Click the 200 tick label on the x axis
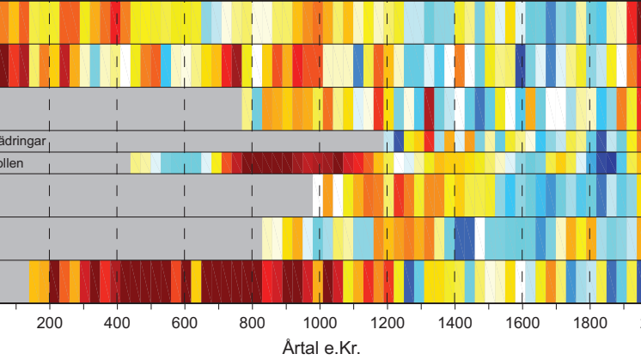(49, 325)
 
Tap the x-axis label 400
(117, 325)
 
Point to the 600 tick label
(184, 325)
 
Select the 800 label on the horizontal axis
(252, 325)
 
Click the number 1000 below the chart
(320, 325)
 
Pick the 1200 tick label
(387, 325)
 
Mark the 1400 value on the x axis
(455, 325)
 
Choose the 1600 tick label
(522, 325)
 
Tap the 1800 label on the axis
(589, 325)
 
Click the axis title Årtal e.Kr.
(320, 349)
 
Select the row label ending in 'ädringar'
(22, 141)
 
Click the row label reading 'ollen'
(13, 163)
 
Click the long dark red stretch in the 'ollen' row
(292, 163)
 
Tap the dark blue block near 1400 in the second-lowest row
(465, 238)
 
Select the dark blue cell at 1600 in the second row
(521, 65)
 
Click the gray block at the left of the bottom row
(14, 281)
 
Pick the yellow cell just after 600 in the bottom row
(196, 281)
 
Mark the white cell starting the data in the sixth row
(318, 195)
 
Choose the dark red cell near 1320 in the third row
(429, 109)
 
